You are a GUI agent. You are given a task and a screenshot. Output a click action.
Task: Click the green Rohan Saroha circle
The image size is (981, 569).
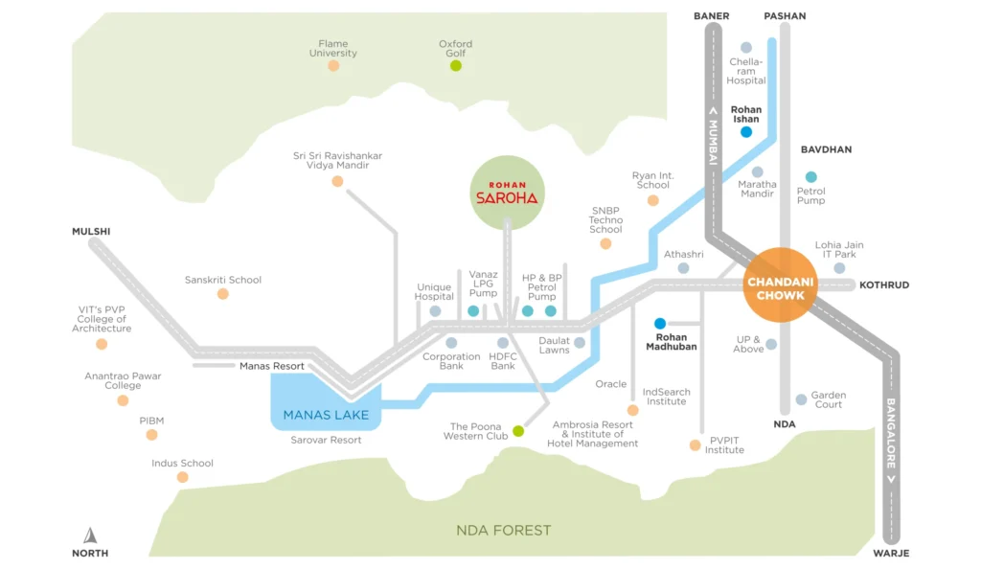[x=508, y=193]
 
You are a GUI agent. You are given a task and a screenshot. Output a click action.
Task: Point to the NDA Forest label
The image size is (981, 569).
[x=504, y=530]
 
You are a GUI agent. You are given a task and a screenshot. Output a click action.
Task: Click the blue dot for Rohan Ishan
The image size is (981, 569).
[x=746, y=132]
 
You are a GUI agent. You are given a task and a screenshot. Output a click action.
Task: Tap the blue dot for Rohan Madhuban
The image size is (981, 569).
[x=659, y=323]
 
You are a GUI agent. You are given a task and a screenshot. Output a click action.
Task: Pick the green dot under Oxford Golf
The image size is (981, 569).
[x=456, y=66]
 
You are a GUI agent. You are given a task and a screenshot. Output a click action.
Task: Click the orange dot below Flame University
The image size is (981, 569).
[x=333, y=66]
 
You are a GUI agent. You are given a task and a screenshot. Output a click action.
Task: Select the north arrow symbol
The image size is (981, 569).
[x=90, y=535]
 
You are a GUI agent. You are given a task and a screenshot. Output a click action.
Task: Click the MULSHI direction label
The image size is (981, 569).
[x=91, y=232]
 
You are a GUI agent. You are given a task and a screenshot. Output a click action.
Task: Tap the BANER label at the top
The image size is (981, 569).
[x=713, y=15]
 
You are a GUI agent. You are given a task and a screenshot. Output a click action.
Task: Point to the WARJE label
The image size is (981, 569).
[x=891, y=554]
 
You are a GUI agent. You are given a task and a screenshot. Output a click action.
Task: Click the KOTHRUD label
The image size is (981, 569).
[x=884, y=285]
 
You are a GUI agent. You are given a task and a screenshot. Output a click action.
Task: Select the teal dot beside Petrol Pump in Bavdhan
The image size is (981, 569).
[x=811, y=176]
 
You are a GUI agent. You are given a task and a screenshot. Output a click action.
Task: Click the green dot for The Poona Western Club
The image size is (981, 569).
[x=518, y=431]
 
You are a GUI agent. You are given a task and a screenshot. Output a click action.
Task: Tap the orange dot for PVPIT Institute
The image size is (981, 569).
[x=696, y=444]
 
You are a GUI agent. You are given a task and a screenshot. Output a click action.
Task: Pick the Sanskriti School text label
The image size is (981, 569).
[x=223, y=280]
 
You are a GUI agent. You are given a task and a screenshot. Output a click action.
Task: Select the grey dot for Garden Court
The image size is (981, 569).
[x=801, y=399]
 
